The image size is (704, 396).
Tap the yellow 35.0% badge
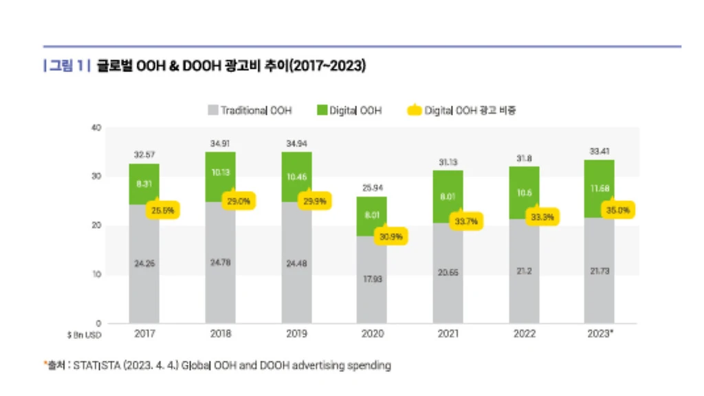pyautogui.click(x=617, y=210)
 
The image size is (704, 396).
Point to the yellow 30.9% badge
pyautogui.click(x=391, y=237)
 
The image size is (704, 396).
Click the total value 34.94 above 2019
pyautogui.click(x=296, y=144)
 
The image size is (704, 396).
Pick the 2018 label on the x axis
pyautogui.click(x=220, y=333)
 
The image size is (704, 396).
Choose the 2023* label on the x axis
pyautogui.click(x=599, y=333)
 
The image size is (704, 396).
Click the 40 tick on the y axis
pyautogui.click(x=96, y=128)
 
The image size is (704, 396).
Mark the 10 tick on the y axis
pyautogui.click(x=96, y=274)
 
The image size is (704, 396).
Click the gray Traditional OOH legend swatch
pyautogui.click(x=212, y=110)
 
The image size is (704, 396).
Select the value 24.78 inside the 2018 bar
pyautogui.click(x=220, y=262)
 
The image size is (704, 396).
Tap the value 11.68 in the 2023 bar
pyautogui.click(x=599, y=188)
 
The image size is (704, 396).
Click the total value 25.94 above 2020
pyautogui.click(x=372, y=188)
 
